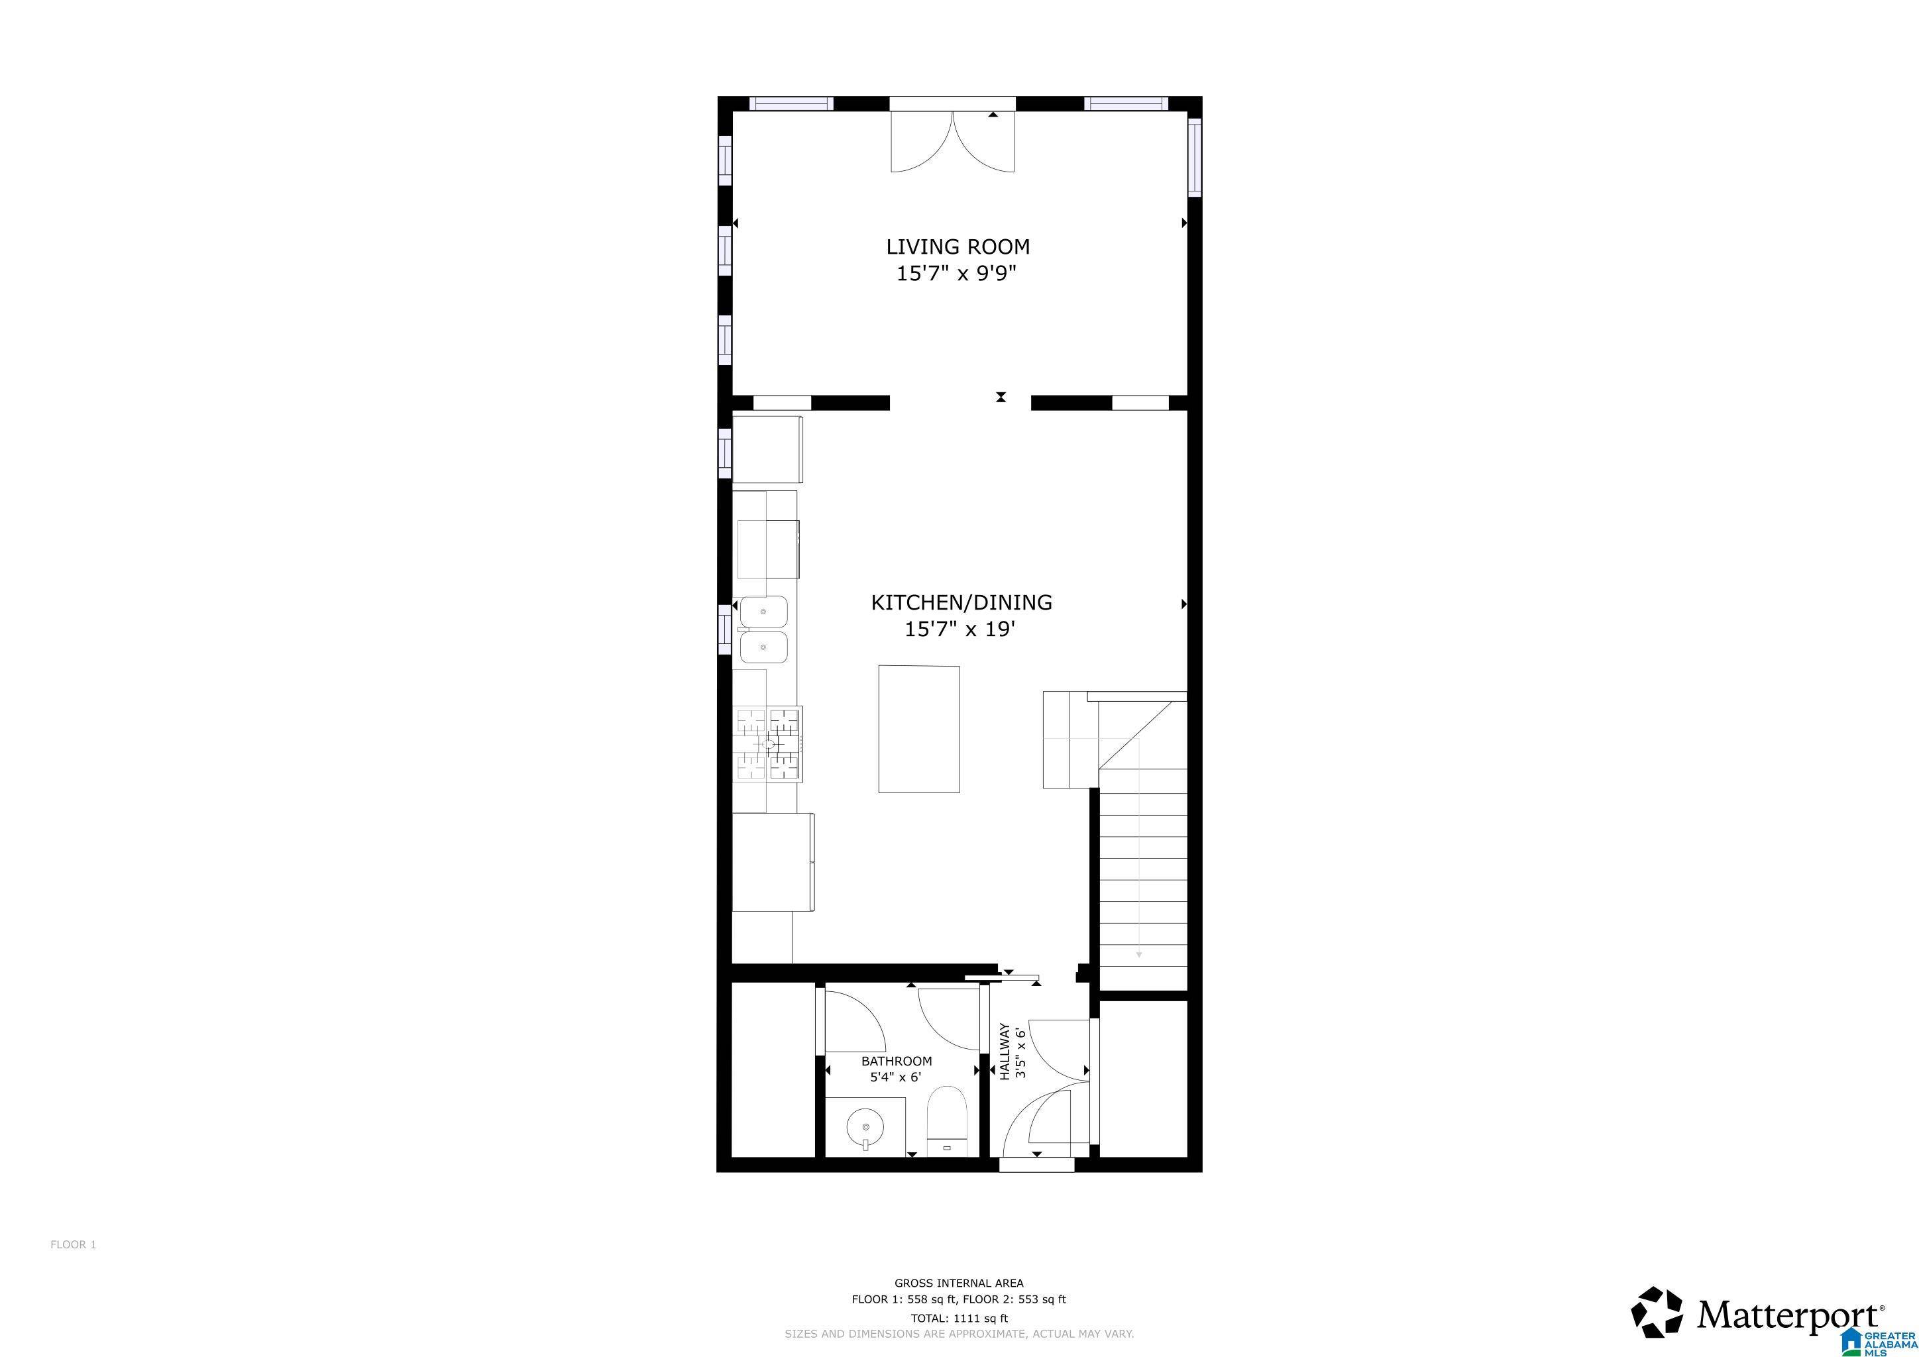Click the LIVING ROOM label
pos(957,246)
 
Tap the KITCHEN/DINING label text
pos(961,602)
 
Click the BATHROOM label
pos(896,1061)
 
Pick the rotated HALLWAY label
pos(1005,1052)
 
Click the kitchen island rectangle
pos(918,729)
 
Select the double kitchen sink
pos(763,629)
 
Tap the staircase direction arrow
pos(1138,953)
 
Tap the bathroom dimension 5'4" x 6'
pos(895,1077)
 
